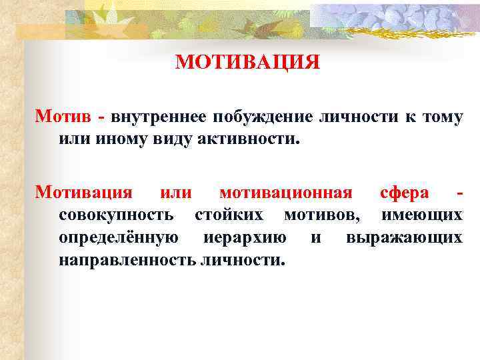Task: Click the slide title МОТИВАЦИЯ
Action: (x=248, y=62)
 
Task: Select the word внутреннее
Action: (x=157, y=117)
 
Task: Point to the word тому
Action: (x=441, y=117)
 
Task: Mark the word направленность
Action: (x=127, y=259)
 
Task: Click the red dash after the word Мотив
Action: (x=101, y=118)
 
